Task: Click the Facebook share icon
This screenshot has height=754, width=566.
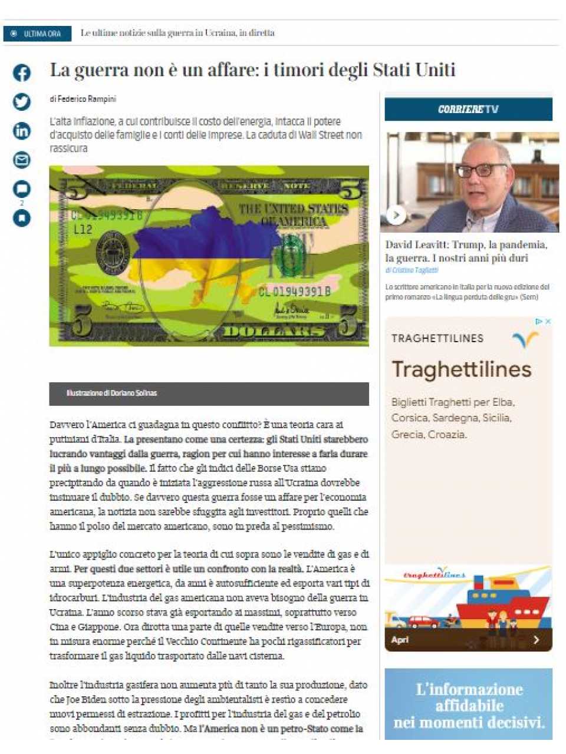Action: pyautogui.click(x=22, y=73)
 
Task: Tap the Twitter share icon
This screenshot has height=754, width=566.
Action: pyautogui.click(x=22, y=102)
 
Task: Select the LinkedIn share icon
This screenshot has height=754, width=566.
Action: pyautogui.click(x=22, y=131)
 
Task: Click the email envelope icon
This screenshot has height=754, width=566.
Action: pyautogui.click(x=22, y=160)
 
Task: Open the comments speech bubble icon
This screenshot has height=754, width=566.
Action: pyautogui.click(x=22, y=188)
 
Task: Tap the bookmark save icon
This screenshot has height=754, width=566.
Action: pyautogui.click(x=22, y=218)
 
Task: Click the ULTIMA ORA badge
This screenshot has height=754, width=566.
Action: pyautogui.click(x=37, y=34)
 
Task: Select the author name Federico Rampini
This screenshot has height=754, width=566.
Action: pyautogui.click(x=87, y=99)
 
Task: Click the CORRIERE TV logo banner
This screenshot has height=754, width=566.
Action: pyautogui.click(x=468, y=110)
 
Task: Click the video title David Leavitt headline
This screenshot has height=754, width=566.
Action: pyautogui.click(x=466, y=251)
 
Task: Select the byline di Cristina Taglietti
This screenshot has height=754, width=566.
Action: pyautogui.click(x=412, y=270)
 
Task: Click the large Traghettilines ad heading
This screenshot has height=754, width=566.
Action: pyautogui.click(x=462, y=369)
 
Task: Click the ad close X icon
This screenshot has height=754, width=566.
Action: pyautogui.click(x=548, y=322)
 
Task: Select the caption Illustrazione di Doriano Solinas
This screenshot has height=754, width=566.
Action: pyautogui.click(x=111, y=393)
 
